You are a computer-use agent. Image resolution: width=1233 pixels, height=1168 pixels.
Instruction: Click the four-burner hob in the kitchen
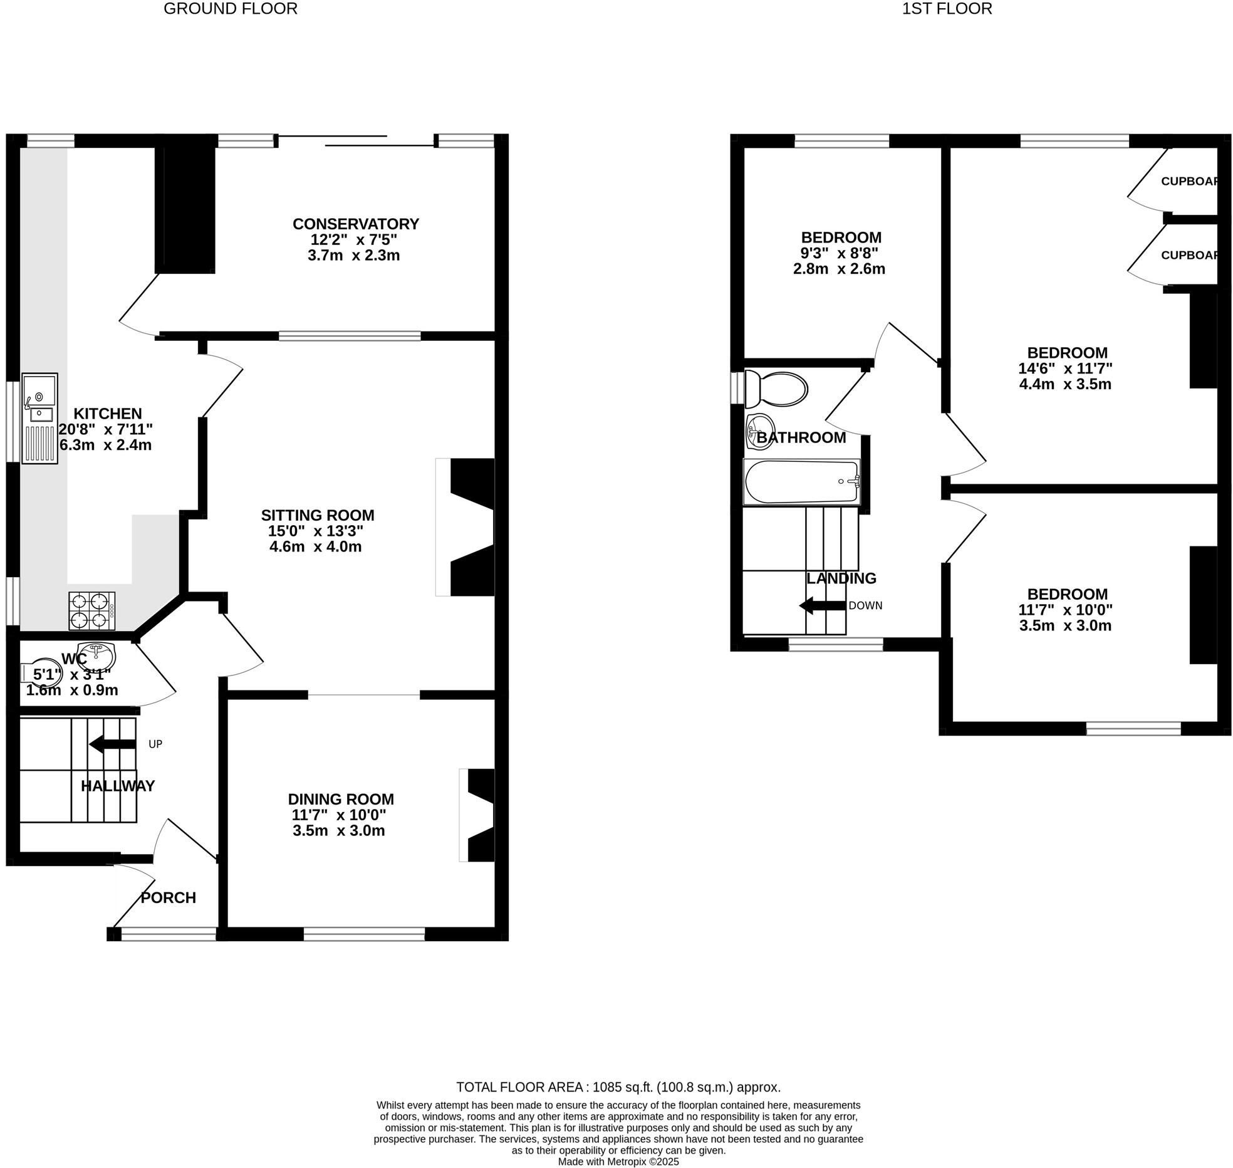coord(92,611)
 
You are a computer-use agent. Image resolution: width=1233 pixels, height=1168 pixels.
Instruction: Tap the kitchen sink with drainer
coord(39,418)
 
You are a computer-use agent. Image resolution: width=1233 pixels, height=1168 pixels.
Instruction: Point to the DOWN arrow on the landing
coord(823,606)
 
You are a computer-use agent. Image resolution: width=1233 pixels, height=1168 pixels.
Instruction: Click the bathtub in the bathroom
coord(801,482)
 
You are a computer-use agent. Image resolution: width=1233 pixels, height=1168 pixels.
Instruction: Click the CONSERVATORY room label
coord(355,224)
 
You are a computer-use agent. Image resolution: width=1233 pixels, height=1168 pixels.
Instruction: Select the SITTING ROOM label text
coord(318,515)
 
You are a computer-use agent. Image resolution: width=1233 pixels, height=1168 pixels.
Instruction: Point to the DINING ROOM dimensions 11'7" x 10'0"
coord(338,815)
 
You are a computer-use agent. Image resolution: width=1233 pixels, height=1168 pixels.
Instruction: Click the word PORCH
coord(168,898)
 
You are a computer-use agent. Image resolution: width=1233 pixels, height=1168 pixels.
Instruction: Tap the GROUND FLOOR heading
coord(230,9)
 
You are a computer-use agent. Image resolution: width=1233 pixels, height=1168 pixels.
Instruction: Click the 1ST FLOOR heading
coord(947,9)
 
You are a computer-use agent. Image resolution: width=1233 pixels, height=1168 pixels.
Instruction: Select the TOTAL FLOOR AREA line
coord(618,1087)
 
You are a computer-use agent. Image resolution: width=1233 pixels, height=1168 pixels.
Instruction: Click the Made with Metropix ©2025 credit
coord(618,1162)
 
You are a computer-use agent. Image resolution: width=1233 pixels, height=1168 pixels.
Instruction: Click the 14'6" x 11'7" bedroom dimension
coord(1065,368)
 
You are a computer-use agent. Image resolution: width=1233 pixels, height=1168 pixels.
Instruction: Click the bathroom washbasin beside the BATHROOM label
coord(759,432)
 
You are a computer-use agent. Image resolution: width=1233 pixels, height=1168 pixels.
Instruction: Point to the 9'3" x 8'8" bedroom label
coord(840,253)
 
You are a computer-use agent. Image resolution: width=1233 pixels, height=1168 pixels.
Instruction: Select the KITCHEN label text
coord(108,414)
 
